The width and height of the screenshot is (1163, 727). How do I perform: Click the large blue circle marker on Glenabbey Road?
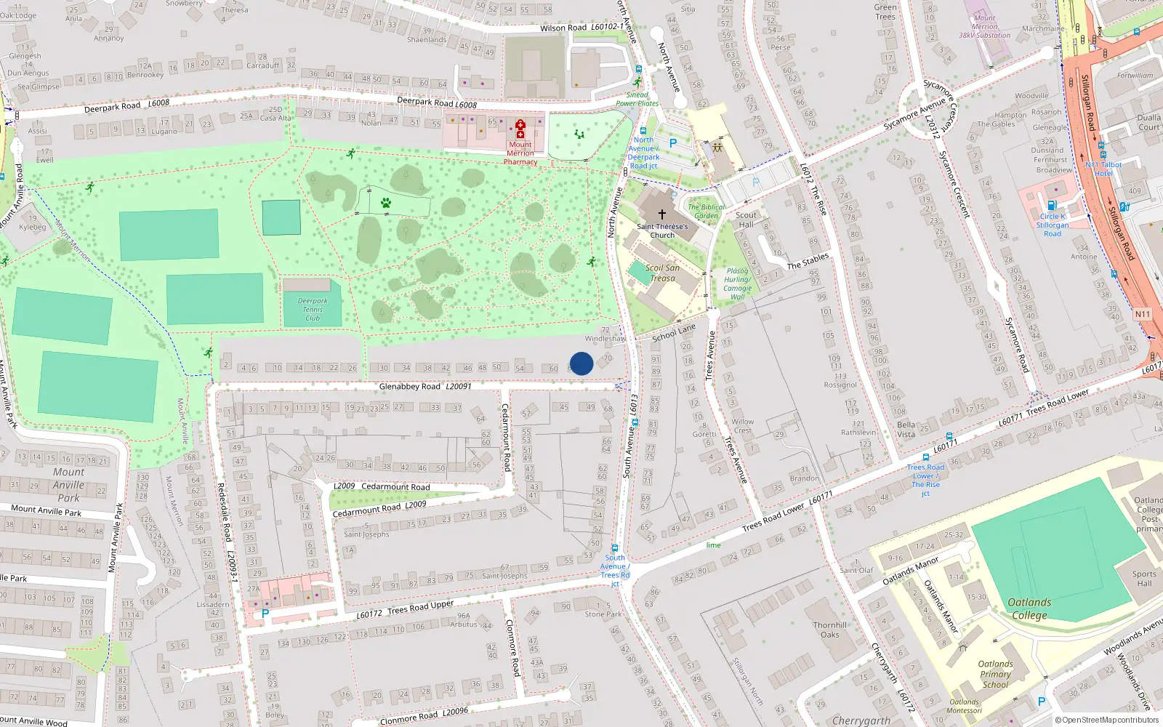(x=581, y=363)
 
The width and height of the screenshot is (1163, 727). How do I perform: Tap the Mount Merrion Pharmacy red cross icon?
(x=520, y=129)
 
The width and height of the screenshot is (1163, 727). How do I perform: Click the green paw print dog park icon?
(x=385, y=203)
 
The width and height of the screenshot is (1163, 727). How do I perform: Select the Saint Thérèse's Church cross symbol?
(x=661, y=214)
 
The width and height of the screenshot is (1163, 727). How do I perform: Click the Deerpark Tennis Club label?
(x=313, y=309)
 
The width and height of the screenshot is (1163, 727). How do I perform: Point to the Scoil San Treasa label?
(x=662, y=273)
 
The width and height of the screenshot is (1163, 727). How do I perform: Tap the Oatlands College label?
(x=1029, y=608)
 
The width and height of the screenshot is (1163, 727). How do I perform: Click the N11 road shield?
(x=1142, y=314)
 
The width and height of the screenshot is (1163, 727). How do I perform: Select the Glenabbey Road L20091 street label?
(x=425, y=387)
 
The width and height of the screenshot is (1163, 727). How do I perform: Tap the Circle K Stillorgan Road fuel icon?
(x=1051, y=206)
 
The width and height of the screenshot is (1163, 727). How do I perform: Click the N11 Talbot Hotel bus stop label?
(x=1103, y=169)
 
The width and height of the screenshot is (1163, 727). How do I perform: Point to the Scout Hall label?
(x=746, y=220)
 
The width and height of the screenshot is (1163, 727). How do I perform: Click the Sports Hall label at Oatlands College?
(x=1144, y=579)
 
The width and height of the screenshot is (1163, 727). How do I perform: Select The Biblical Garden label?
(x=706, y=211)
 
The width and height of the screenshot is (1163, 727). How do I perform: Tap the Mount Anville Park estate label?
(x=68, y=485)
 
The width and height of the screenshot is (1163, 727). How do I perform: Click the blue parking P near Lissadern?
(x=265, y=614)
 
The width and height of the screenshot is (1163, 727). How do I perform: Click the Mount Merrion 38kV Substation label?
(x=984, y=26)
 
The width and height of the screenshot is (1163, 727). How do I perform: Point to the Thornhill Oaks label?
(x=830, y=630)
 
